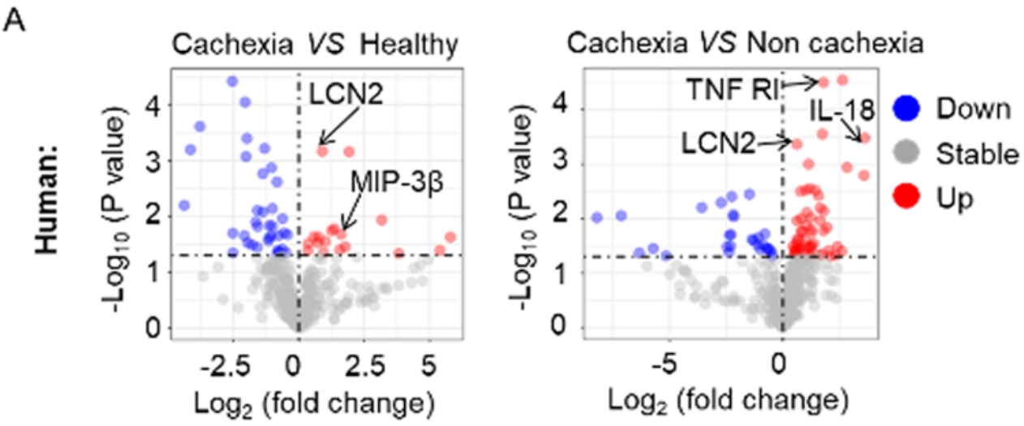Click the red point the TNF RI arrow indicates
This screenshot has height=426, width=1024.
point(824,82)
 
